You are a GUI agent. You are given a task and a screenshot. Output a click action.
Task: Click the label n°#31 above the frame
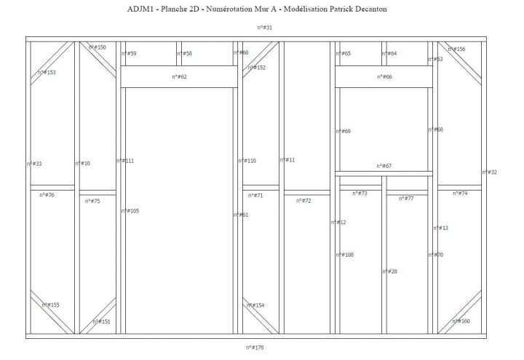264,27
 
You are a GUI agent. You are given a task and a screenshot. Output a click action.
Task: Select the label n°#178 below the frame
255,348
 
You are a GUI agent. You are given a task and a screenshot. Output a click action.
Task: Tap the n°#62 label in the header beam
180,76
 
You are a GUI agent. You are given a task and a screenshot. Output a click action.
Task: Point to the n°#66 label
384,76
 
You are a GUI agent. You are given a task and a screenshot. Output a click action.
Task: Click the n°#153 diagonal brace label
47,72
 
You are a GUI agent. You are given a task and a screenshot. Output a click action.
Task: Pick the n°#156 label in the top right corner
456,49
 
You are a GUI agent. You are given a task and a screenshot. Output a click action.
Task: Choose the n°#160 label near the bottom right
461,321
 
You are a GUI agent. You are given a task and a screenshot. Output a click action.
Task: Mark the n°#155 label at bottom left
50,305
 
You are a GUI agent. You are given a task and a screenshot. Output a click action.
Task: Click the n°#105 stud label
130,210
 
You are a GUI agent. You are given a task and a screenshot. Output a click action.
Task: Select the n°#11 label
287,160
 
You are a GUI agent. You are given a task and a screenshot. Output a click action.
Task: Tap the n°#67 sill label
384,166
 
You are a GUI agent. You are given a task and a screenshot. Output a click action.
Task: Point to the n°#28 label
389,271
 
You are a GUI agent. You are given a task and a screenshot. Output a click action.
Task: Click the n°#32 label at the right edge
489,172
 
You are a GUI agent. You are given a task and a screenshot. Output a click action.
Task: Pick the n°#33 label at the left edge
33,164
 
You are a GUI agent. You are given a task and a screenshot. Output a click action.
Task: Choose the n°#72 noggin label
303,200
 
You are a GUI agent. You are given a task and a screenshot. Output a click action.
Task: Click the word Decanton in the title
367,9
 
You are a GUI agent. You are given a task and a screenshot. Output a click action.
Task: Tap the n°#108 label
344,255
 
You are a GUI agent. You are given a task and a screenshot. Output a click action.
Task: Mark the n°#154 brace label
255,305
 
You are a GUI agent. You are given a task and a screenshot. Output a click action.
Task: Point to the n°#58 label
184,53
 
